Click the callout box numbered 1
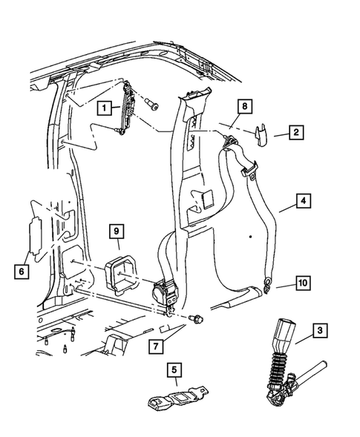pyautogui.click(x=108, y=108)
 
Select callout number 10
pyautogui.click(x=304, y=283)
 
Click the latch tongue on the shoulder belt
pyautogui.click(x=252, y=175)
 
